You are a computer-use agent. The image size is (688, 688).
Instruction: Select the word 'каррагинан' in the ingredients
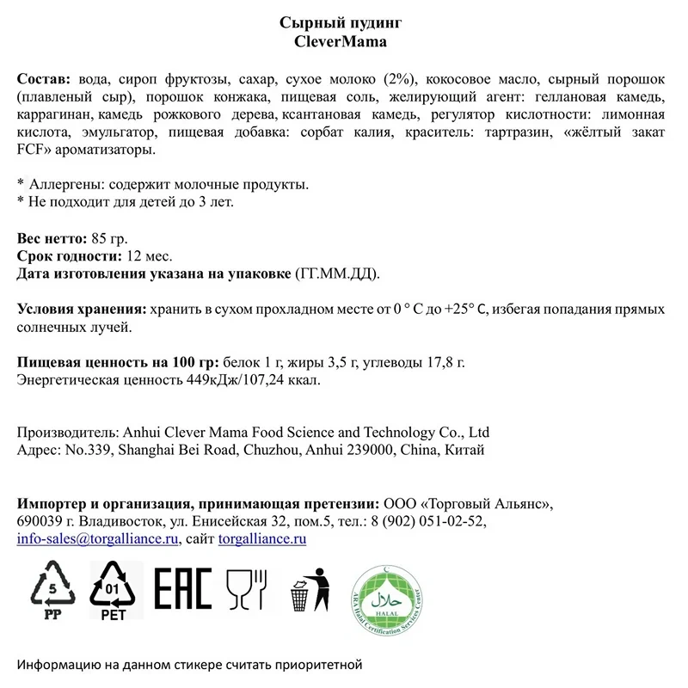tap(54, 114)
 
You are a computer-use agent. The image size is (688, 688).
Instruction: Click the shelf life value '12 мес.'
tap(149, 255)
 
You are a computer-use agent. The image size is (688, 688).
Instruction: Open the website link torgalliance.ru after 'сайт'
tap(262, 539)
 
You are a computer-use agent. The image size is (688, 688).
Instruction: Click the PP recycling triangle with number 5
tap(54, 589)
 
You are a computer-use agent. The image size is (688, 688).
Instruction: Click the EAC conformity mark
tap(182, 589)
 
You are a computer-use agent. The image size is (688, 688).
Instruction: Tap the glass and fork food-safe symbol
tap(245, 589)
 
